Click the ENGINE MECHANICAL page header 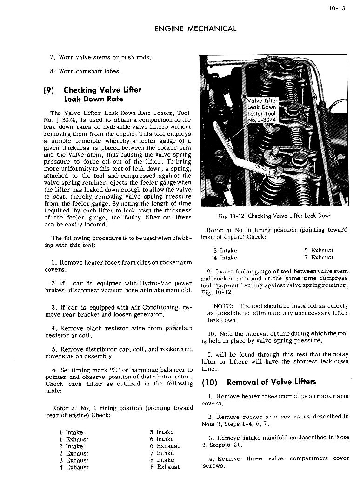(195, 28)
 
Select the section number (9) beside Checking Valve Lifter (49, 90)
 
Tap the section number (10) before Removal (210, 382)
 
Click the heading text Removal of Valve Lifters (271, 382)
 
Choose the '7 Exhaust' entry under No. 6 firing (319, 258)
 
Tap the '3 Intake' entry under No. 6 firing (225, 251)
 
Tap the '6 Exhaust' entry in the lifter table (164, 446)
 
